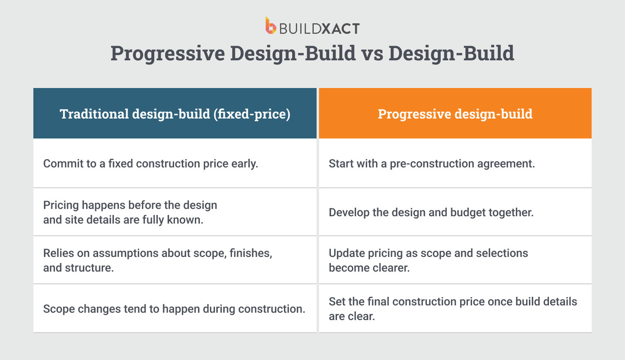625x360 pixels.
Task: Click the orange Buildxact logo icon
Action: tap(271, 26)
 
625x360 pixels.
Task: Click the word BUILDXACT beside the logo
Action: tap(319, 29)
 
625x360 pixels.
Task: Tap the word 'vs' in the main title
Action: tap(372, 54)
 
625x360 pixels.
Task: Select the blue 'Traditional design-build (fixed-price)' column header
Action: tap(175, 113)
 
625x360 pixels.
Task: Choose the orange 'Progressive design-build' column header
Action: tap(455, 113)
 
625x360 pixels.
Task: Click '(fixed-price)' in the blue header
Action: tap(252, 114)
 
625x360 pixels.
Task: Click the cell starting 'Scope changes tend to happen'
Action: tap(174, 308)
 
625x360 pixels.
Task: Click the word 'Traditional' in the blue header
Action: tap(94, 114)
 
